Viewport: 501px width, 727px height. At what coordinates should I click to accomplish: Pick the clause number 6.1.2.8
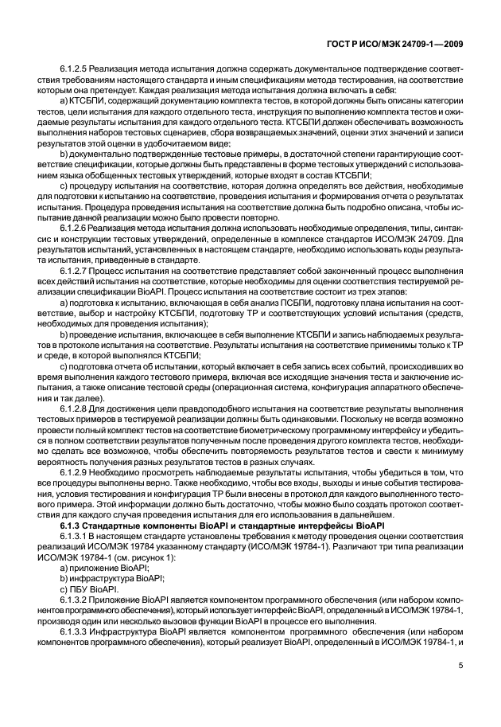point(77,430)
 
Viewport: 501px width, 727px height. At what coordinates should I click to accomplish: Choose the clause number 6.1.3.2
point(80,597)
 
